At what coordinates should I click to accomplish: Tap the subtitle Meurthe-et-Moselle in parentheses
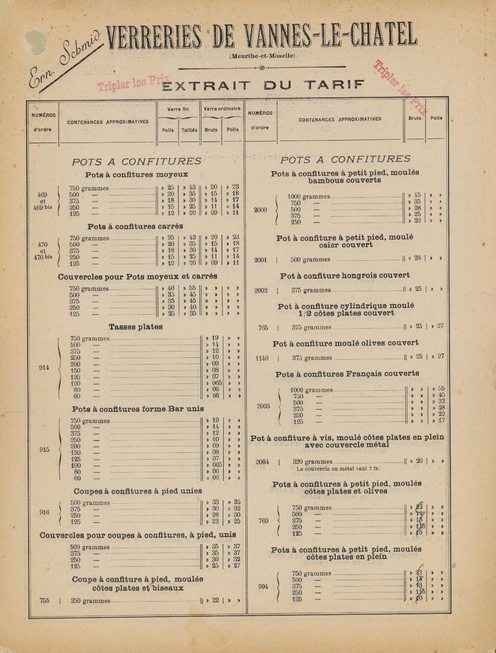pyautogui.click(x=262, y=56)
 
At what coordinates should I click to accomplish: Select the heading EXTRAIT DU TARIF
pyautogui.click(x=263, y=86)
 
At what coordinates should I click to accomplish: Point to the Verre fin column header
pyautogui.click(x=178, y=110)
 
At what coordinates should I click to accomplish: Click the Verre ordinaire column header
pyautogui.click(x=222, y=109)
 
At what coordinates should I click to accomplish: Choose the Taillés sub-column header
pyautogui.click(x=189, y=130)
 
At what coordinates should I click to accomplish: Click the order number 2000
pyautogui.click(x=261, y=210)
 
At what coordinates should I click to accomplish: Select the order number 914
pyautogui.click(x=44, y=367)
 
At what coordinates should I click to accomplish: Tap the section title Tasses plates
pyautogui.click(x=136, y=327)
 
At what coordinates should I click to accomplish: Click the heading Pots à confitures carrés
pyautogui.click(x=135, y=226)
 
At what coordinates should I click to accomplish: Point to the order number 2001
pyautogui.click(x=261, y=260)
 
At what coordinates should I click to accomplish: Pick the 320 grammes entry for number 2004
pyautogui.click(x=312, y=462)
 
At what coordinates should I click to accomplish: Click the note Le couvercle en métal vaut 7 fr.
pyautogui.click(x=338, y=469)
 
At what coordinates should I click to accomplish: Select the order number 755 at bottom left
pyautogui.click(x=45, y=601)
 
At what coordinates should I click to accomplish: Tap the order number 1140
pyautogui.click(x=262, y=358)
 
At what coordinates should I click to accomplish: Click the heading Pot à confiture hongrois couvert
pyautogui.click(x=345, y=275)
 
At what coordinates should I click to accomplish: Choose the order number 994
pyautogui.click(x=263, y=587)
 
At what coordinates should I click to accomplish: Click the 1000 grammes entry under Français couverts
pyautogui.click(x=311, y=390)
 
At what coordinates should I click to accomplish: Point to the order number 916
pyautogui.click(x=45, y=512)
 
